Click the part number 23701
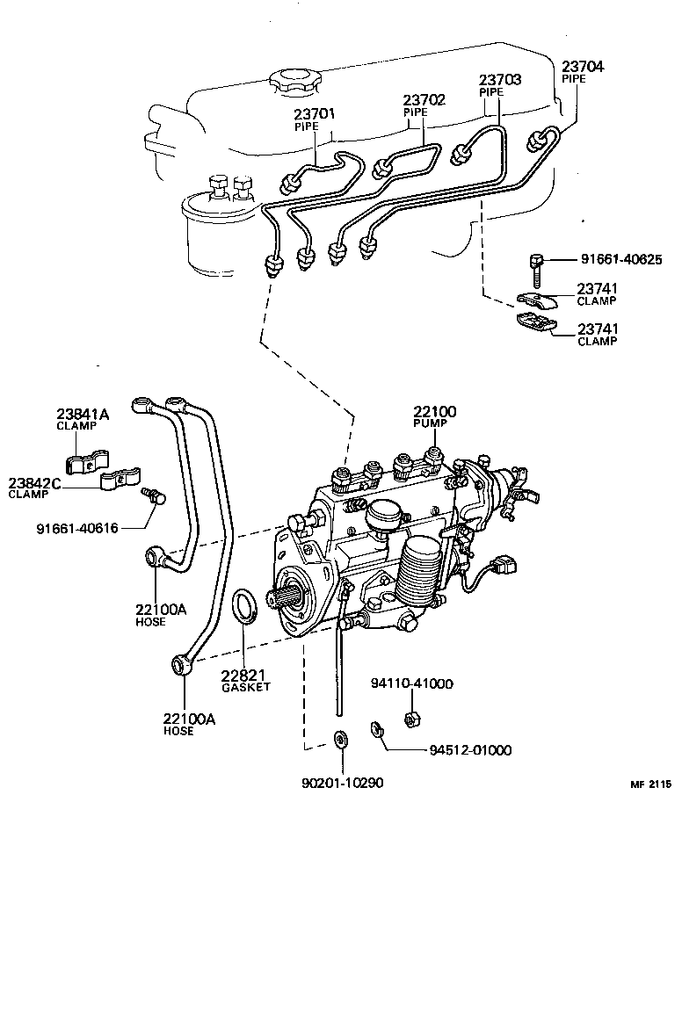tap(315, 114)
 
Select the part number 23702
tap(425, 100)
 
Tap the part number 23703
tap(500, 80)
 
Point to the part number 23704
tap(584, 66)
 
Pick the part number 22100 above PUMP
tap(436, 412)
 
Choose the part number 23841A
tap(83, 415)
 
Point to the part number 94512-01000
tap(470, 750)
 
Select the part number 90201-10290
tap(343, 783)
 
